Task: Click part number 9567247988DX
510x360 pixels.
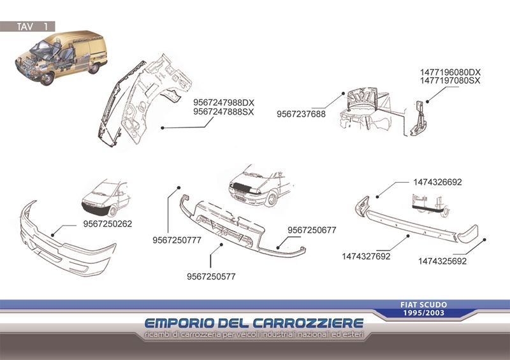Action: point(224,103)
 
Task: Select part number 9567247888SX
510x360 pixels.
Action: point(224,112)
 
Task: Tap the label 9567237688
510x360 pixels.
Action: point(301,114)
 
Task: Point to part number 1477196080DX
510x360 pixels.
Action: point(450,72)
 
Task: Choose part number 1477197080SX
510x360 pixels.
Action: point(450,81)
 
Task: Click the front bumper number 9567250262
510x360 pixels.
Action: point(108,224)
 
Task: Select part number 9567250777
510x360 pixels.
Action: point(177,240)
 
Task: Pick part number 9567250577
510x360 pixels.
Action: point(211,277)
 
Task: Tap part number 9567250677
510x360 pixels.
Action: point(312,230)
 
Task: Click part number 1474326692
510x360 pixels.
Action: point(437,182)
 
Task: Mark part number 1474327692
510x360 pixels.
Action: point(366,257)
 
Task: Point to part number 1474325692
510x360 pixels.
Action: point(442,261)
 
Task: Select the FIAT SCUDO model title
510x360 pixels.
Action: point(424,305)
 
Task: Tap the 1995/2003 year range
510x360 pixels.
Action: point(424,313)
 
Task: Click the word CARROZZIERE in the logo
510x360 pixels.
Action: point(308,323)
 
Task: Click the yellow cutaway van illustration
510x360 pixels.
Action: point(61,57)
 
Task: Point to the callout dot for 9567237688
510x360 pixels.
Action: point(343,93)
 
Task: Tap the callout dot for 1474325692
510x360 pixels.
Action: point(484,240)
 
